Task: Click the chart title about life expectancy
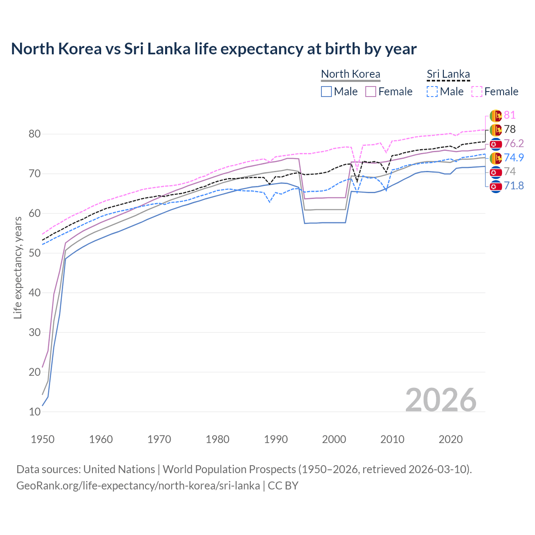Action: point(214,49)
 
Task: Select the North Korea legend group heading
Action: point(350,74)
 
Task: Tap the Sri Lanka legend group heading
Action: point(448,74)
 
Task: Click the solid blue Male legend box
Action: point(326,92)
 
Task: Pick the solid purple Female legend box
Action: point(371,92)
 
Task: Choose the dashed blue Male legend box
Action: point(432,92)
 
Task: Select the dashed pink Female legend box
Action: point(477,92)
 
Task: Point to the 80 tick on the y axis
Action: point(35,134)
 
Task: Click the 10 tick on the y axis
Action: point(35,412)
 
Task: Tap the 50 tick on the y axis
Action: point(35,253)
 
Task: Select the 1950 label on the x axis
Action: point(43,439)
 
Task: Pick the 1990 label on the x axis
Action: point(276,439)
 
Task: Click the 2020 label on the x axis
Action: point(451,439)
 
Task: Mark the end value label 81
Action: point(510,115)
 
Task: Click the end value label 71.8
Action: point(514,186)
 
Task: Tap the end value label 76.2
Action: point(514,143)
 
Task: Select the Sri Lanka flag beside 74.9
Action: point(496,158)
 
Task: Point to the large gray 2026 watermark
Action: point(441,400)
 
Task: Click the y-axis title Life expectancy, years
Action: point(18,267)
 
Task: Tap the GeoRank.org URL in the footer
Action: point(138,486)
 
